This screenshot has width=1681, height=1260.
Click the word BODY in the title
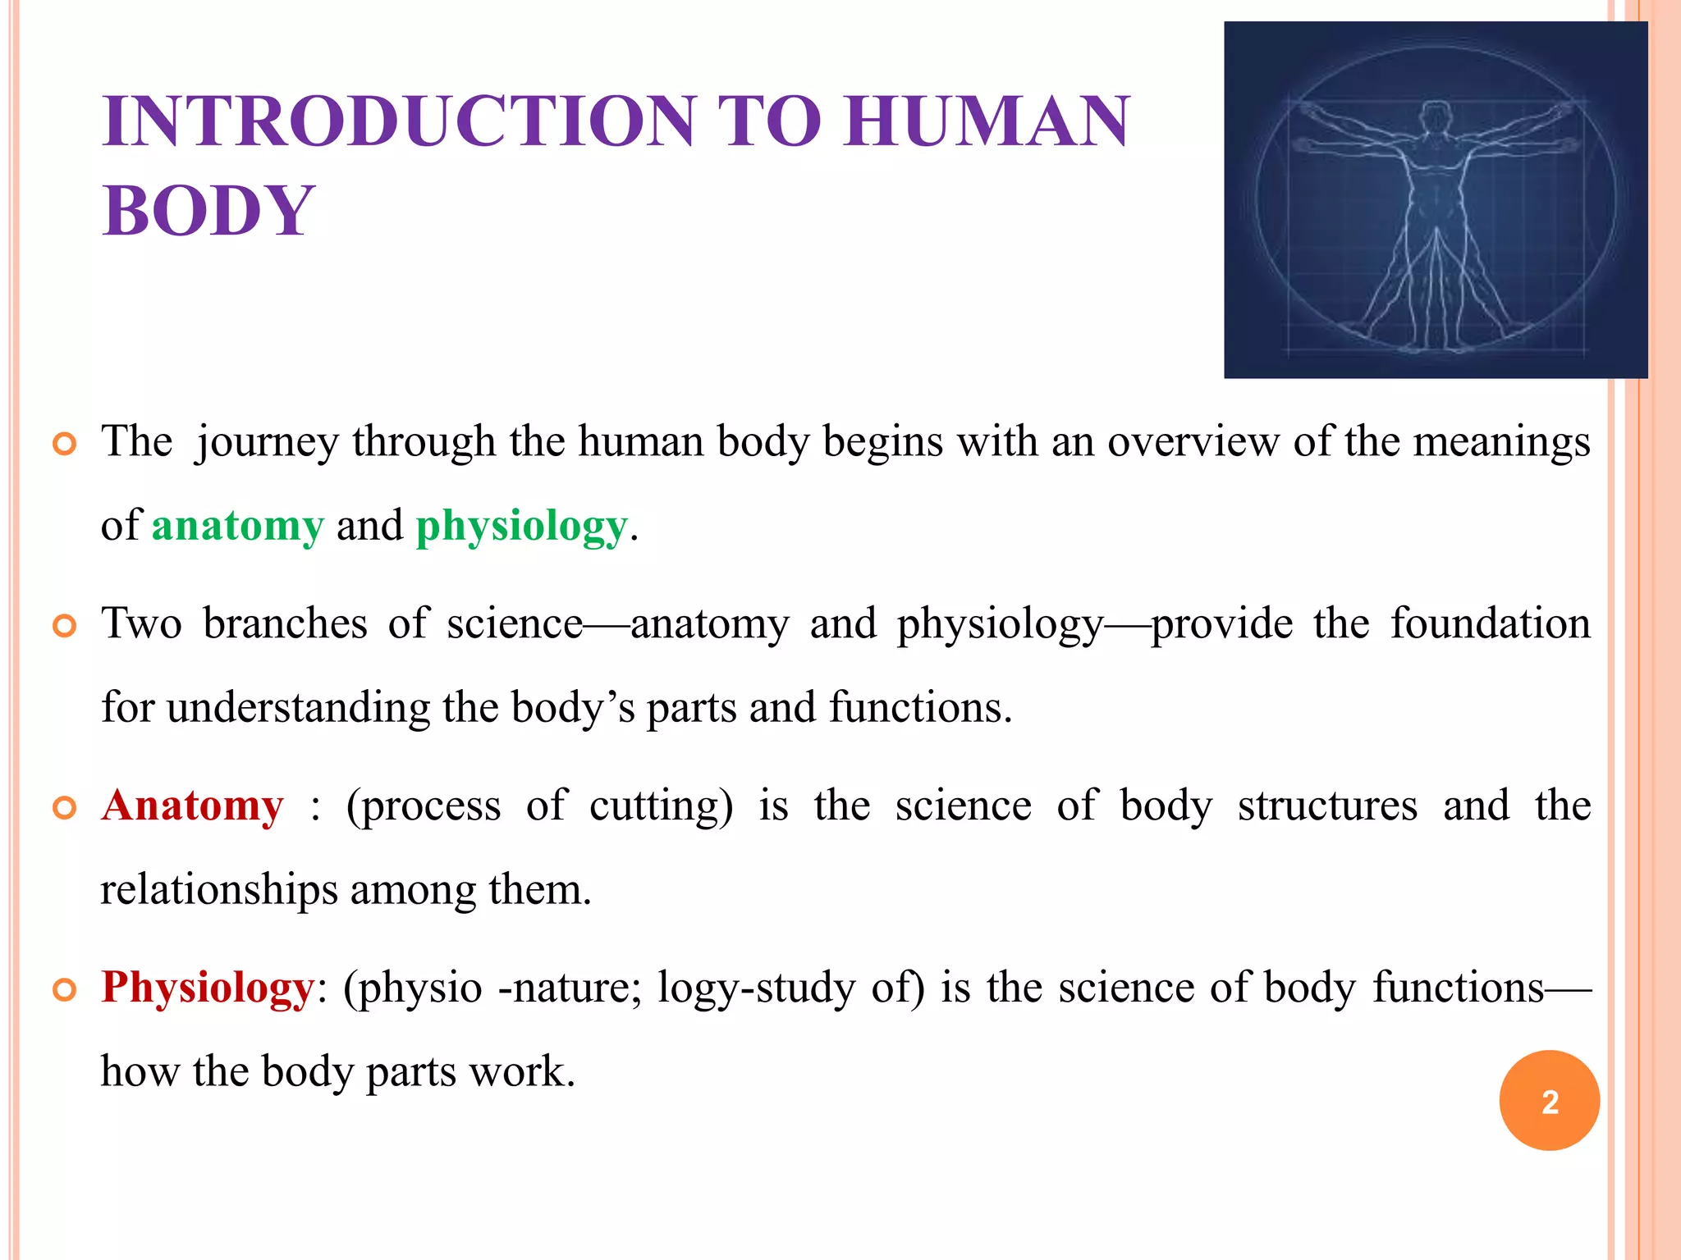[208, 211]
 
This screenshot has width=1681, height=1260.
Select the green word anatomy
[238, 526]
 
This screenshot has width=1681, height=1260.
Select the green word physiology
[521, 526]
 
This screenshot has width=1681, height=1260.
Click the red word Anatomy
[193, 806]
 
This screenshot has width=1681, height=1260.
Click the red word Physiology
[208, 987]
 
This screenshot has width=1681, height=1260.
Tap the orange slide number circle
[1549, 1100]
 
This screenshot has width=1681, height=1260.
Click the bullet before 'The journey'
[64, 444]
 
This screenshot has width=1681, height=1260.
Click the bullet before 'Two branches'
[64, 626]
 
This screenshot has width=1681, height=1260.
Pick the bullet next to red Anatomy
[64, 808]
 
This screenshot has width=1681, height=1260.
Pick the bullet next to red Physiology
[64, 989]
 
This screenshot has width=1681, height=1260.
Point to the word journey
[267, 443]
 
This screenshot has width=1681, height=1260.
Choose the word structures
[1327, 806]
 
